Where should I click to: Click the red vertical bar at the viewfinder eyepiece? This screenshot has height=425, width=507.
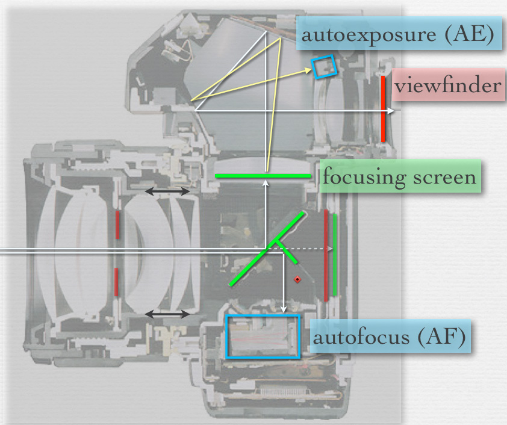383,108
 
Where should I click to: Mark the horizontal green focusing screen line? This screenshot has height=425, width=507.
263,176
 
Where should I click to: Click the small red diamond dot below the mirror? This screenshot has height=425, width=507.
296,280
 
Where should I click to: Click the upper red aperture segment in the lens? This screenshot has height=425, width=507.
117,223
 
